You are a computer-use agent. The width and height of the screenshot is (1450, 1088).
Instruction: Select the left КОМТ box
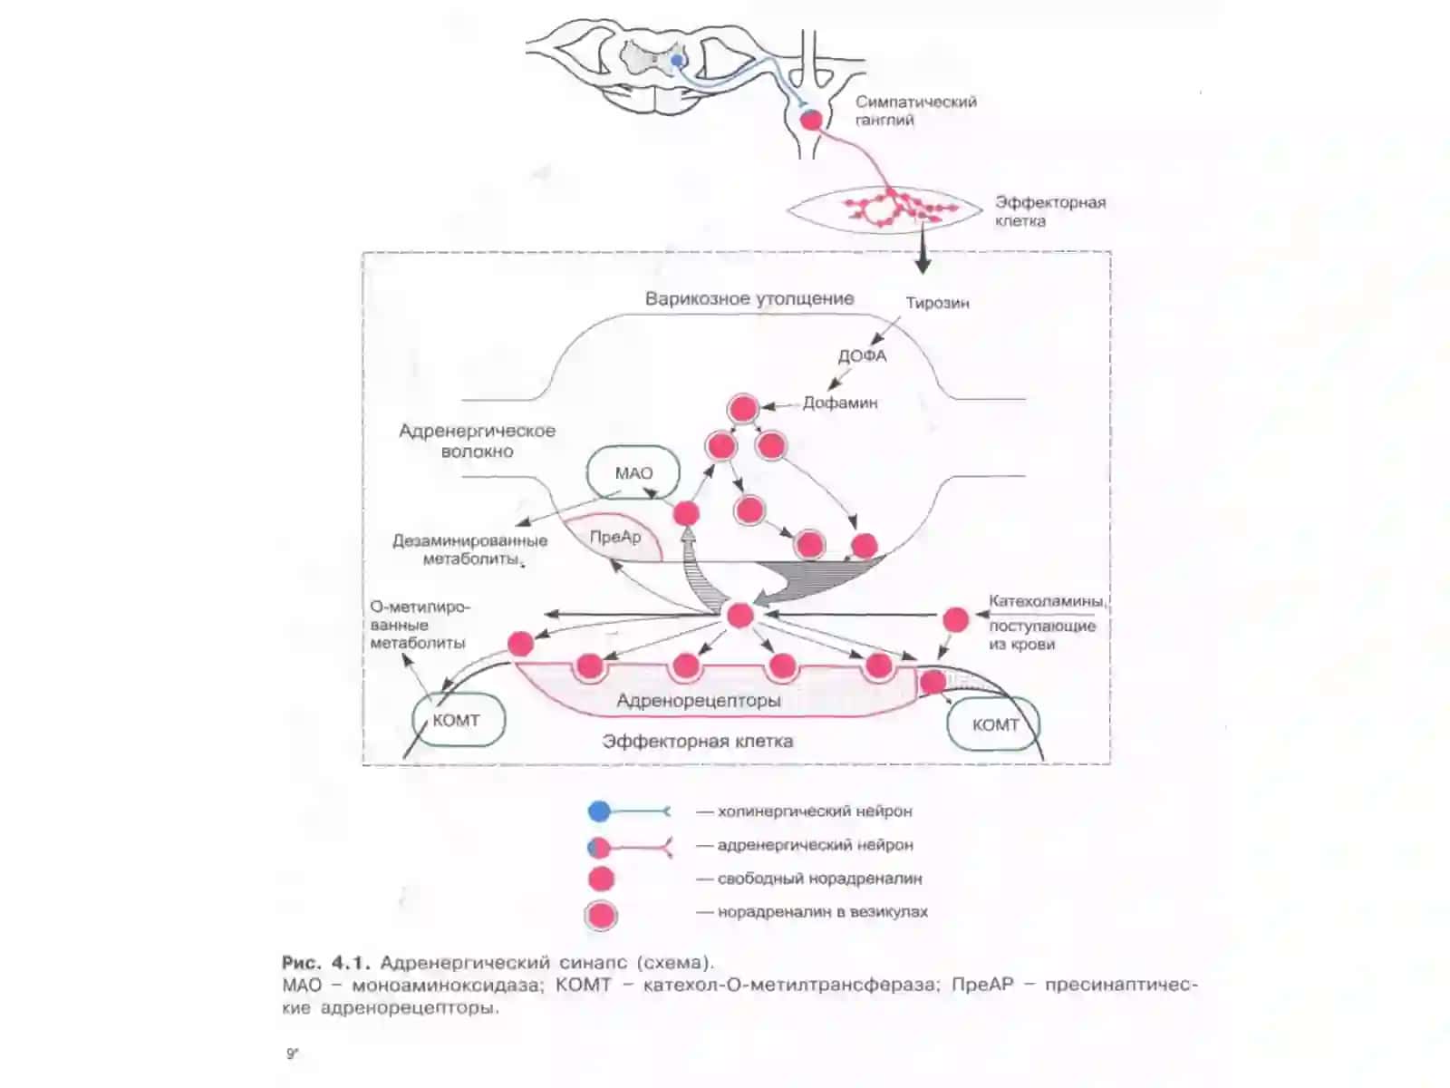coord(459,720)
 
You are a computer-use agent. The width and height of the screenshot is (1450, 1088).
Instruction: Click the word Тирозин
coord(937,303)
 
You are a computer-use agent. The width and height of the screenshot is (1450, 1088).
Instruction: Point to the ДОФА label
coord(862,356)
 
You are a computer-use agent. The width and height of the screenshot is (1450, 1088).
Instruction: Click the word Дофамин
coord(839,403)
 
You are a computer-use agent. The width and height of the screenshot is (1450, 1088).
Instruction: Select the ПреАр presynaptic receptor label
coord(615,537)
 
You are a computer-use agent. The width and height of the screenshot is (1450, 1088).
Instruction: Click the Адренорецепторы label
coord(698,700)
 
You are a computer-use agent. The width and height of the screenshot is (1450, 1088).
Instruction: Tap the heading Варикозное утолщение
coord(749,298)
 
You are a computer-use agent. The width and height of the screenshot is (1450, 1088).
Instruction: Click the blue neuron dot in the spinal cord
coord(676,61)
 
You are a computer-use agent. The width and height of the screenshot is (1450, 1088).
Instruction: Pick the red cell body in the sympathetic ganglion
coord(811,121)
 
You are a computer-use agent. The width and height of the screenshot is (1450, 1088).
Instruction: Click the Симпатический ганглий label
coord(915,111)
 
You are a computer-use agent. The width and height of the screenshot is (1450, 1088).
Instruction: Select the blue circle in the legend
coord(598,811)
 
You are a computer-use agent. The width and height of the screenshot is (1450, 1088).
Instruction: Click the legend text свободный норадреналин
coord(819,879)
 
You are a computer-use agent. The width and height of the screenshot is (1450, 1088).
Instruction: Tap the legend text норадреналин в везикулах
coord(823,911)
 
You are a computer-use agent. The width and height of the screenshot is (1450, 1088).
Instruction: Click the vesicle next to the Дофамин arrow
coord(742,408)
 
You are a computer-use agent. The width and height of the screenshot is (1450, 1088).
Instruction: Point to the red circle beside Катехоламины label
coord(955,619)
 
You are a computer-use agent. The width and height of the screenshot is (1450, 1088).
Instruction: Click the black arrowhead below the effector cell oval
coord(923,265)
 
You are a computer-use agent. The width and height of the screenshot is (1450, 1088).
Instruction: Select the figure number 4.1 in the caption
coord(350,963)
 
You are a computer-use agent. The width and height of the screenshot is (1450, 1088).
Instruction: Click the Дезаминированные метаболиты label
coord(469,549)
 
